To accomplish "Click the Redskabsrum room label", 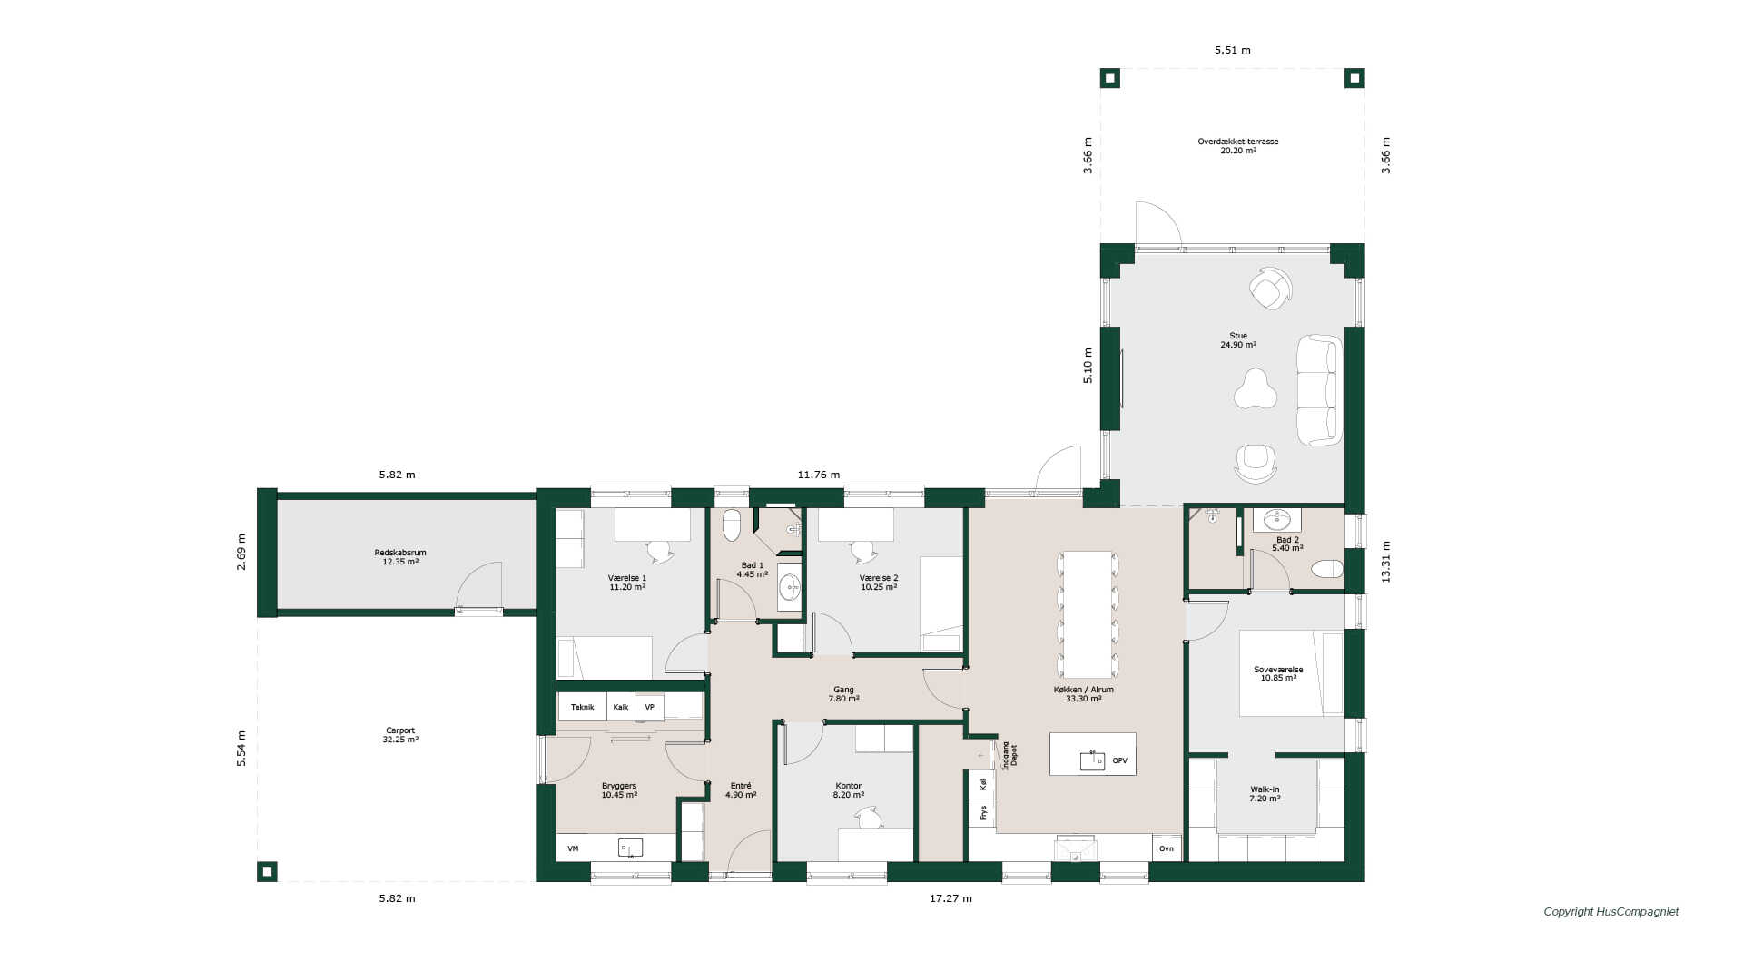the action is click(x=400, y=553).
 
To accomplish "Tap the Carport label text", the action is click(x=400, y=730).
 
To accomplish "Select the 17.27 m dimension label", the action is click(x=950, y=898).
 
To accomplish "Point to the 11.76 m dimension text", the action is click(x=819, y=475).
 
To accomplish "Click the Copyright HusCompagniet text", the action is click(x=1611, y=912).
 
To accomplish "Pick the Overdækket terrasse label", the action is click(x=1238, y=142).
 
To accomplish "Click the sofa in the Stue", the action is click(x=1319, y=390).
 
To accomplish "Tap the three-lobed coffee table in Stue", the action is click(x=1256, y=388).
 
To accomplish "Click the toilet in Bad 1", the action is click(x=732, y=525).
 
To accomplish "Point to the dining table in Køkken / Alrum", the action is click(x=1088, y=614).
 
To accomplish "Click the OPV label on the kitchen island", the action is click(x=1119, y=760).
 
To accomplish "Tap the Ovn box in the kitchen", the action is click(x=1167, y=848).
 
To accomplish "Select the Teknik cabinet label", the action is click(x=582, y=707).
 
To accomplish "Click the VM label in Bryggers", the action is click(x=573, y=848).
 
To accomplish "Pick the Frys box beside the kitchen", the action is click(x=982, y=812).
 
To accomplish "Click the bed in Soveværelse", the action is click(x=1291, y=673).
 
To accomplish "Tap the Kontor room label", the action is click(x=848, y=786).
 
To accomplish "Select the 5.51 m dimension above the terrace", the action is click(x=1233, y=50).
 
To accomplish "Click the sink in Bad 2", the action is click(x=1277, y=520).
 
